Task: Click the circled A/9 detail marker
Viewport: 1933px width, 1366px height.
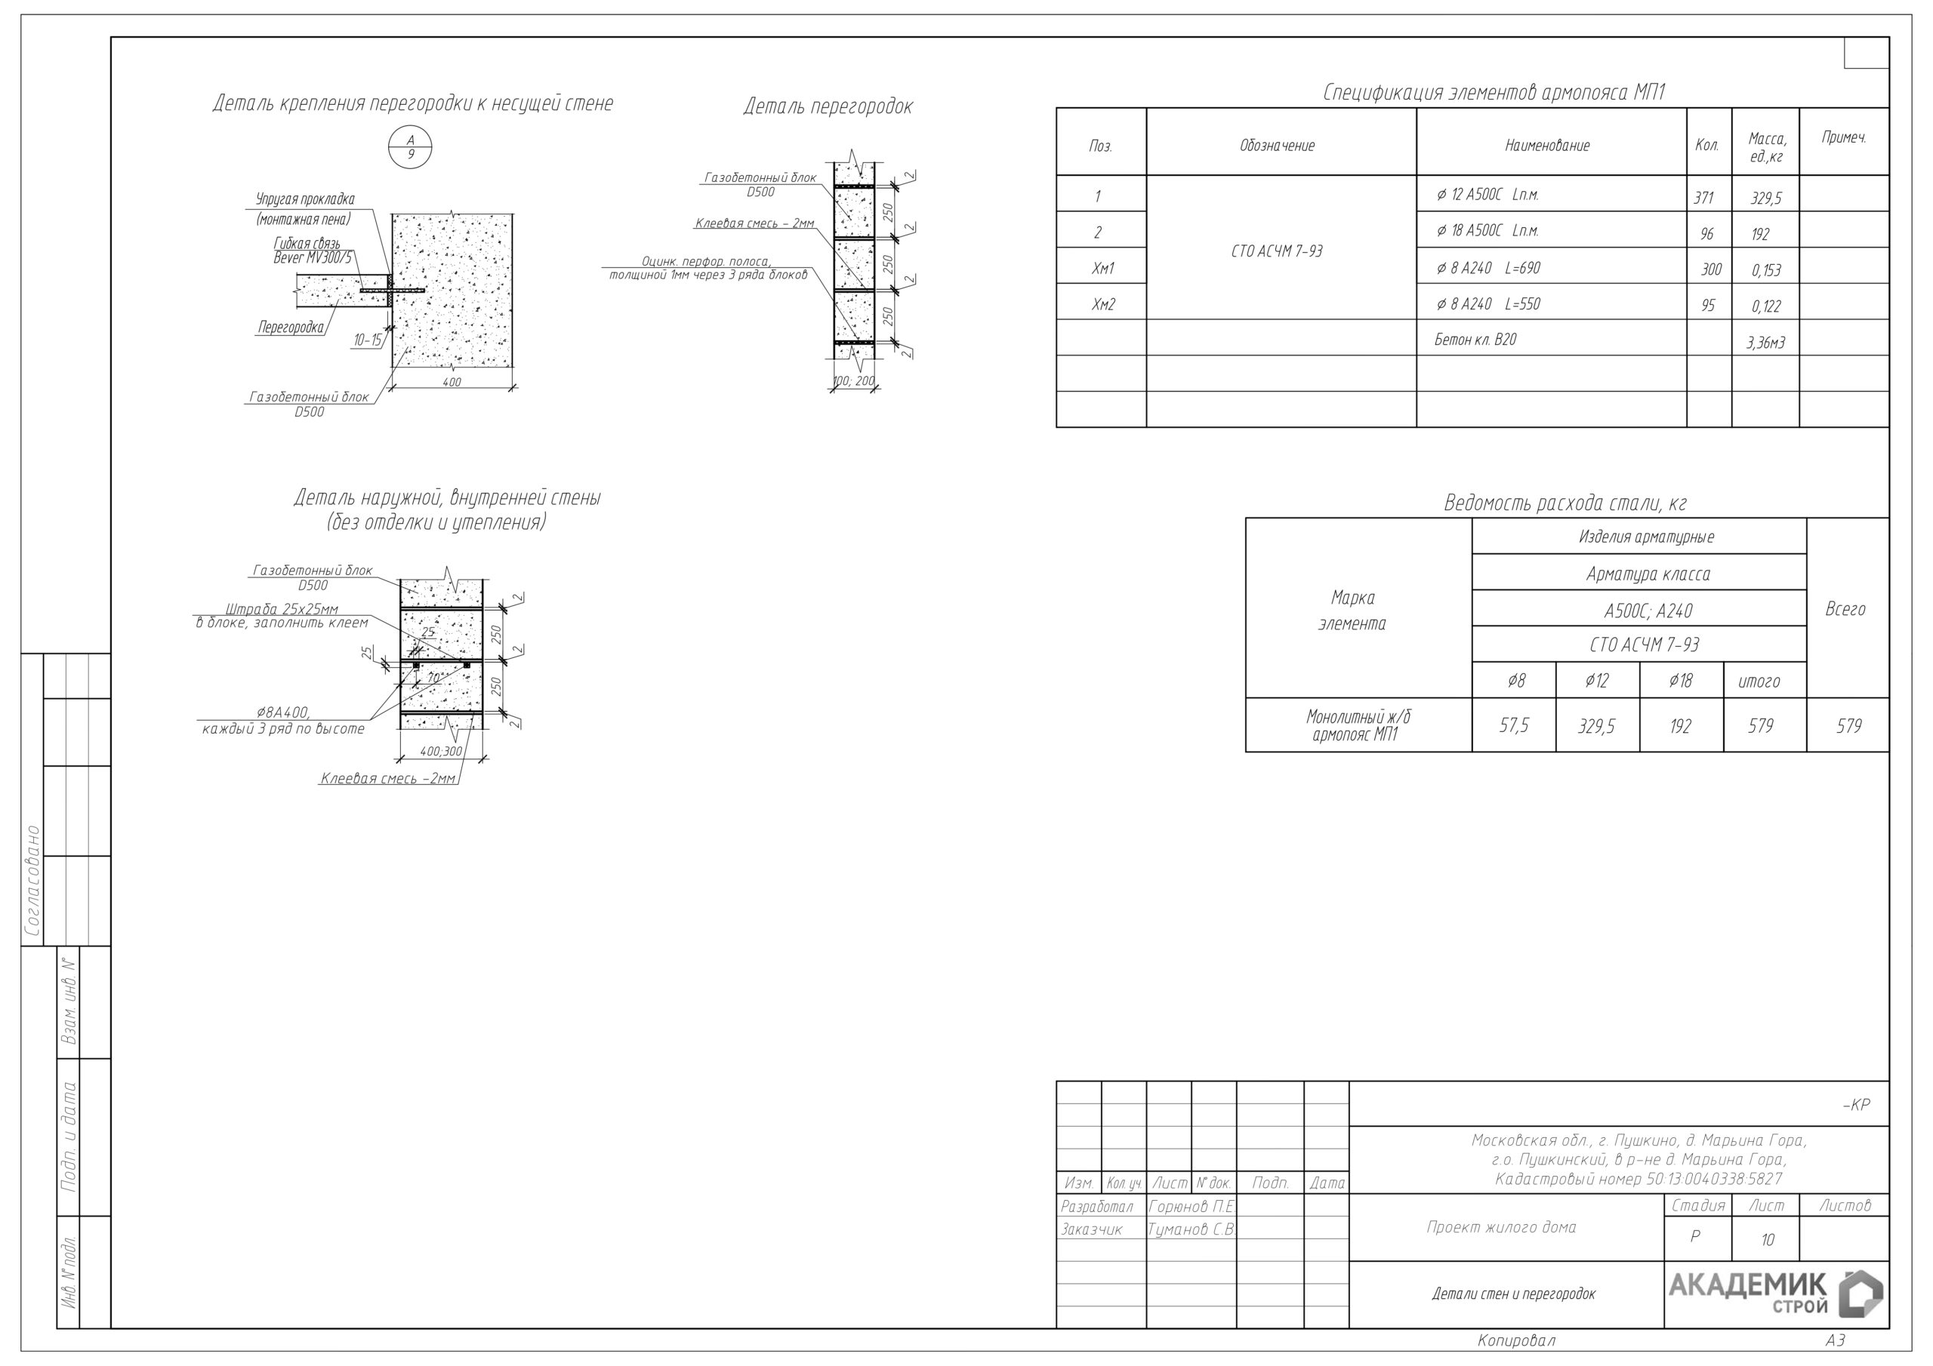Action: pyautogui.click(x=410, y=147)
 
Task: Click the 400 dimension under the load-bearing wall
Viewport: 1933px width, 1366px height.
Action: pyautogui.click(x=452, y=382)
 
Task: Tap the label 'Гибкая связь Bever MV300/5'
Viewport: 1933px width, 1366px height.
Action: pyautogui.click(x=313, y=251)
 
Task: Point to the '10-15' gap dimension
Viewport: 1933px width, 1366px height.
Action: pyautogui.click(x=367, y=340)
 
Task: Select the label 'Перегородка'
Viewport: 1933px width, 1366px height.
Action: pyautogui.click(x=291, y=328)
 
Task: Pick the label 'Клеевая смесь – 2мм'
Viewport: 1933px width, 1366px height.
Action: pyautogui.click(x=754, y=224)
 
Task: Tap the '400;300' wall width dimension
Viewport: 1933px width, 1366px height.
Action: pyautogui.click(x=441, y=751)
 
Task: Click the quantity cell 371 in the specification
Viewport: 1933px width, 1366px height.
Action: pyautogui.click(x=1703, y=198)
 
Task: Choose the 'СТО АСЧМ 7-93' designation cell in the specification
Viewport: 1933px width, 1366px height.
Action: pyautogui.click(x=1277, y=251)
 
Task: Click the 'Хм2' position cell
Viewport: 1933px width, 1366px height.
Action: pyautogui.click(x=1103, y=304)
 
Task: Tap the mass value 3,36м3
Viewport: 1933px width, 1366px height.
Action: pyautogui.click(x=1765, y=343)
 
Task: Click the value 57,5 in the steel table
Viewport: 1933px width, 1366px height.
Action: pyautogui.click(x=1514, y=725)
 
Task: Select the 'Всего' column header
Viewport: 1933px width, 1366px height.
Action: pyautogui.click(x=1845, y=608)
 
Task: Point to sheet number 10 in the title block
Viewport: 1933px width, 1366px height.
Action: pyautogui.click(x=1767, y=1239)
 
